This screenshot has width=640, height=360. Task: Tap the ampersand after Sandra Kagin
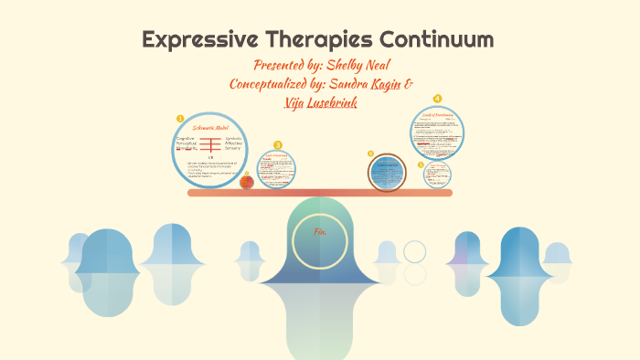[x=408, y=84]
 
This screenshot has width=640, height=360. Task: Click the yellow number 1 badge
[x=180, y=118]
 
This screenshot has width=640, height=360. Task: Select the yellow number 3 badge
[x=278, y=144]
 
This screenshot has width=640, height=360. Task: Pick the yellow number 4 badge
[x=437, y=99]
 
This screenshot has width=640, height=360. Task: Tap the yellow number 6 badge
[x=370, y=154]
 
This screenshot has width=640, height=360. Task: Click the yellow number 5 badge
[x=421, y=164]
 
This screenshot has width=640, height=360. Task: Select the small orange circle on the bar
[x=247, y=182]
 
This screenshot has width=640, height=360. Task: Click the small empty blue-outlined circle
[x=414, y=251]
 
